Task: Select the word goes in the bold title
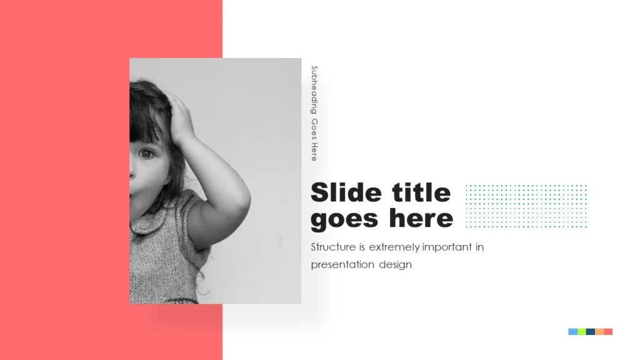pyautogui.click(x=344, y=219)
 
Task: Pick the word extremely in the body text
pyautogui.click(x=394, y=247)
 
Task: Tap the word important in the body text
pyautogui.click(x=447, y=247)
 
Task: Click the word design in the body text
pyautogui.click(x=395, y=264)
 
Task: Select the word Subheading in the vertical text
pyautogui.click(x=314, y=90)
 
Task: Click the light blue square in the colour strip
pyautogui.click(x=572, y=331)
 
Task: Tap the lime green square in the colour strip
pyautogui.click(x=581, y=331)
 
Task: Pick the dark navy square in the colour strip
pyautogui.click(x=591, y=331)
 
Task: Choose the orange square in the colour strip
pyautogui.click(x=599, y=331)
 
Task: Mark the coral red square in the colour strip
pyautogui.click(x=608, y=331)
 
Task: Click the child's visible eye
pyautogui.click(x=146, y=153)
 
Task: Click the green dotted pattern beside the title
pyautogui.click(x=526, y=206)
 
